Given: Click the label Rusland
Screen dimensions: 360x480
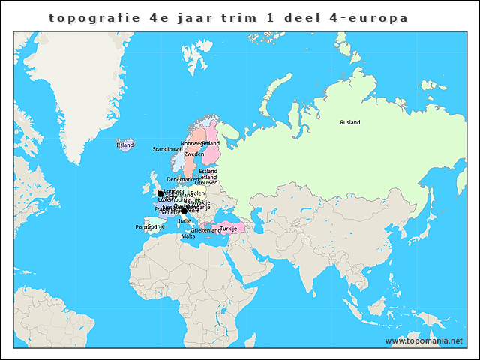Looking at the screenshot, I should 349,122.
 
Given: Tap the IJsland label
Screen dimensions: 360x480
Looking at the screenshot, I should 124,145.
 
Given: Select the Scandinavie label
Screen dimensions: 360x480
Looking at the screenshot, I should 167,149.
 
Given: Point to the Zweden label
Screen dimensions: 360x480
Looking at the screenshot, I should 193,154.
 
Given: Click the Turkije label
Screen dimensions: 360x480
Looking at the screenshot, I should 228,228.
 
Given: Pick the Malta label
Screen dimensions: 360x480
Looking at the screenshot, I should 188,236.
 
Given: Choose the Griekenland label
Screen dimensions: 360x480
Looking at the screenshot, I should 205,230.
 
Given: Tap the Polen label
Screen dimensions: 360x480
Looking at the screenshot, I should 198,193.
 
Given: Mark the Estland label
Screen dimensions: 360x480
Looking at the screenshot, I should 208,171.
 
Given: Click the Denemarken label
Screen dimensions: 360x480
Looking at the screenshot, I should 183,180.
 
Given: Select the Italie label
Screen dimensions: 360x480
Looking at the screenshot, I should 184,221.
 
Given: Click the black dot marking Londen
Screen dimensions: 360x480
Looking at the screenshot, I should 160,193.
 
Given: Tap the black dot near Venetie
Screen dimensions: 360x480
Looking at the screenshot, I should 184,211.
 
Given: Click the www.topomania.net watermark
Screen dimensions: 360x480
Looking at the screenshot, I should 424,340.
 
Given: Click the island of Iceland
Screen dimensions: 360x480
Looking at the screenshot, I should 124,145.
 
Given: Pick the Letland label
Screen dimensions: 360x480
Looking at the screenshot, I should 208,177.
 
